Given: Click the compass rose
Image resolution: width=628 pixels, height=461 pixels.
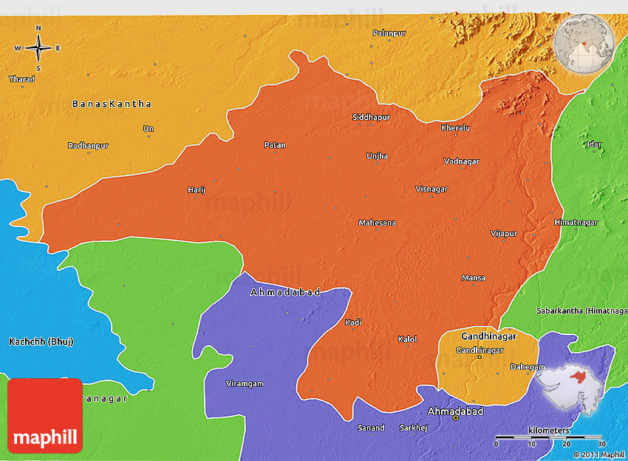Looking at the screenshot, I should click(38, 48).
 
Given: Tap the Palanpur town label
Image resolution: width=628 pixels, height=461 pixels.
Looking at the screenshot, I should click(389, 33).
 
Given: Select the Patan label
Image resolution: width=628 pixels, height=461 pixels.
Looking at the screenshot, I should click(274, 145).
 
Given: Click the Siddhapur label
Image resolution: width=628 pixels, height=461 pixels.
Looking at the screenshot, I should click(370, 118).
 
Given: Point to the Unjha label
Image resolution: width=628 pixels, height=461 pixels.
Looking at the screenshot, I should click(377, 156).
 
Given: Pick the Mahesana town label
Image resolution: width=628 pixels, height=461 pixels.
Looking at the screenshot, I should click(377, 223).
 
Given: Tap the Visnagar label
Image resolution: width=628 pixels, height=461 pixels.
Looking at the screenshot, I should click(431, 189).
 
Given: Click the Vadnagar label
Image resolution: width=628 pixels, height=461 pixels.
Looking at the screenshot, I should click(462, 161).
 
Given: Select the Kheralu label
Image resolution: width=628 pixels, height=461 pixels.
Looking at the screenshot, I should click(455, 128).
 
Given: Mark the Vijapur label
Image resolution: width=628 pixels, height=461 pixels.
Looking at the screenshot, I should click(504, 234).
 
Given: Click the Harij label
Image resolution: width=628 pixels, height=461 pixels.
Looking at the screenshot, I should click(196, 190).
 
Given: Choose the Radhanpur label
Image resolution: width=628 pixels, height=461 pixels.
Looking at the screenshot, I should click(88, 146).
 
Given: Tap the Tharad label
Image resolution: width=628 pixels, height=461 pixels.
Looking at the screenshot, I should click(21, 79).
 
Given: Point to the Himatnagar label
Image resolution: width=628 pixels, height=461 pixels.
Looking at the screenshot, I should click(576, 223).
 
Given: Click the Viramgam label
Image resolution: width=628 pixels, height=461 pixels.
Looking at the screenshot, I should click(245, 383).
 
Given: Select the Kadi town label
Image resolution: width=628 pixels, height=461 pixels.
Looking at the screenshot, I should click(353, 322).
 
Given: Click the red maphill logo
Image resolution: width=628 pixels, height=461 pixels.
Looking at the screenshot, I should click(45, 415).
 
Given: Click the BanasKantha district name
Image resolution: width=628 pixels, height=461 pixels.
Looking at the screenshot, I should click(112, 104).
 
